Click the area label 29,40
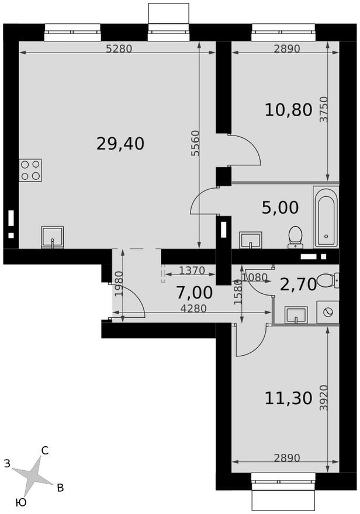(120, 143)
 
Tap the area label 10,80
(288, 109)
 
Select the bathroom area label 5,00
(280, 207)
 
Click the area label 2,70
(298, 284)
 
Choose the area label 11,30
(288, 398)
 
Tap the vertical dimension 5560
(195, 144)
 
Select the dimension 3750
(323, 109)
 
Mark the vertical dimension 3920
(323, 398)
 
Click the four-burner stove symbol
(30, 170)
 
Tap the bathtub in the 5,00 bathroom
(325, 217)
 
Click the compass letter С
(44, 450)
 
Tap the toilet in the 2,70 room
(326, 280)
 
